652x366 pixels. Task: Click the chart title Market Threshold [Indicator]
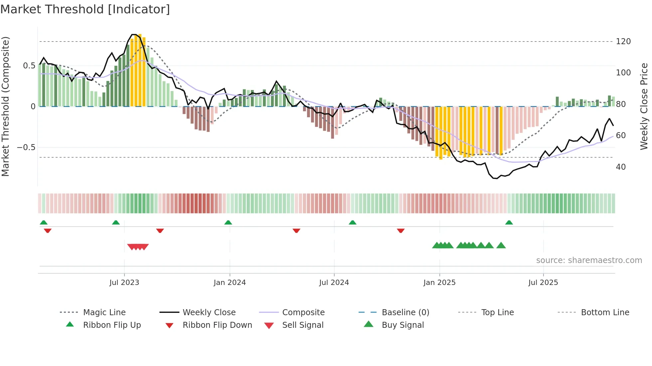(85, 9)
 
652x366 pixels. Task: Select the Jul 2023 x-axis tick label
(124, 283)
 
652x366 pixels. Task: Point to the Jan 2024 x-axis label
(230, 283)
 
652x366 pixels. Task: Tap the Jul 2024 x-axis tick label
(334, 283)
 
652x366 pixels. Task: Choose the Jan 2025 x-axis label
(439, 283)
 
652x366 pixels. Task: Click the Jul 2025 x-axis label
(543, 283)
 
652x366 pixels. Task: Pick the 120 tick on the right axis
(623, 42)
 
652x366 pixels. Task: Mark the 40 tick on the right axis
(621, 167)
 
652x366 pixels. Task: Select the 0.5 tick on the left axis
(29, 66)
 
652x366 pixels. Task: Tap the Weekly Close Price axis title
(644, 106)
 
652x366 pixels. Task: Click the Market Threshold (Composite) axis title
(5, 106)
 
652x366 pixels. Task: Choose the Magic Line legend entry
(104, 313)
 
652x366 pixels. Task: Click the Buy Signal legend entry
(403, 325)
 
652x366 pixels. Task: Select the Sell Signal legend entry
(303, 325)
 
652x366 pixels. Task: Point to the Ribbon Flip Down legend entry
(217, 325)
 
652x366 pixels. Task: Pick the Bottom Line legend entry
(605, 313)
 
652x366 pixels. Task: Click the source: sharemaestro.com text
(589, 260)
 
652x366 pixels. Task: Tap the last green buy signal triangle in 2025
(501, 245)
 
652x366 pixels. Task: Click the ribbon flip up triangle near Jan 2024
(228, 223)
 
